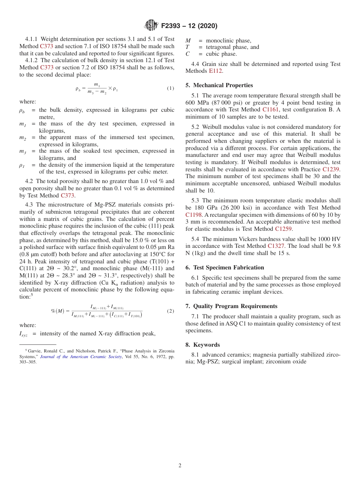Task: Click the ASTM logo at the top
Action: [x=151, y=25]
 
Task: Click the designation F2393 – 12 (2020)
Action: [x=189, y=26]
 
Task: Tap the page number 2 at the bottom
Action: [x=180, y=465]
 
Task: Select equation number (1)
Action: [x=171, y=88]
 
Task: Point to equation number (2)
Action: [x=171, y=311]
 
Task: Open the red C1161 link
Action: [x=270, y=110]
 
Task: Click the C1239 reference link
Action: [x=331, y=169]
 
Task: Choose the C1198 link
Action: [x=194, y=215]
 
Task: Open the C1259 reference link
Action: [x=283, y=228]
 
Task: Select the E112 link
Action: [x=215, y=71]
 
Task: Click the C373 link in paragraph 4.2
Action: [x=67, y=196]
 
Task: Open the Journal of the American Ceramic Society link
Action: [x=81, y=357]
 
